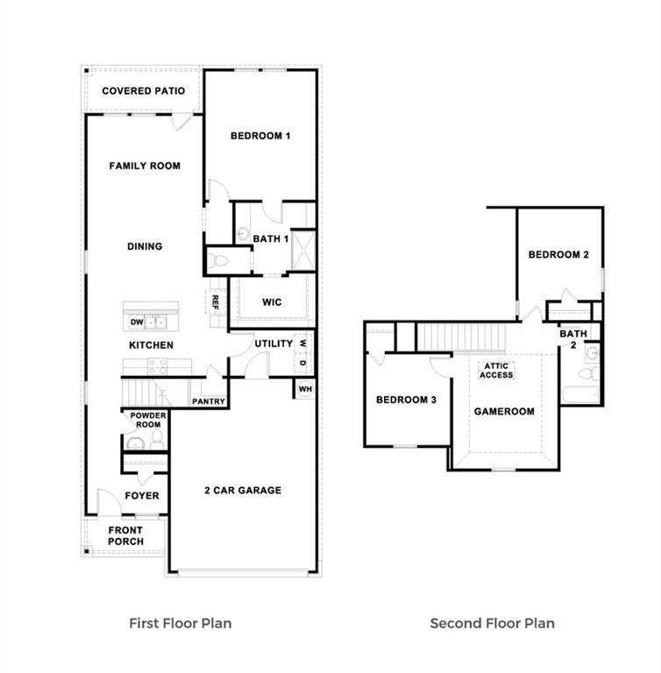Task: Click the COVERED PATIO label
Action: pyautogui.click(x=143, y=91)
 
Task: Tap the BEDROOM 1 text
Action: pyautogui.click(x=259, y=136)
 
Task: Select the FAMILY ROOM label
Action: pyautogui.click(x=145, y=166)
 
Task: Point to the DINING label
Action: pyautogui.click(x=145, y=246)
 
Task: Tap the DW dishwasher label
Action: pyautogui.click(x=137, y=322)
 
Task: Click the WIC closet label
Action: pyautogui.click(x=271, y=302)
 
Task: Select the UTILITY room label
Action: pyautogui.click(x=274, y=344)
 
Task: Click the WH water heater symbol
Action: pyautogui.click(x=304, y=388)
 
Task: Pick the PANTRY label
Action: pyautogui.click(x=209, y=402)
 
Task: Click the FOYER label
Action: pyautogui.click(x=142, y=496)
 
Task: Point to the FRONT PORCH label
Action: pyautogui.click(x=125, y=535)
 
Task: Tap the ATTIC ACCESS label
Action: pyautogui.click(x=495, y=370)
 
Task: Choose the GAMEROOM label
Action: pyautogui.click(x=503, y=411)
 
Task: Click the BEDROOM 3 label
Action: pyautogui.click(x=406, y=400)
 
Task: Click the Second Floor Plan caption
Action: pyautogui.click(x=492, y=624)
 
